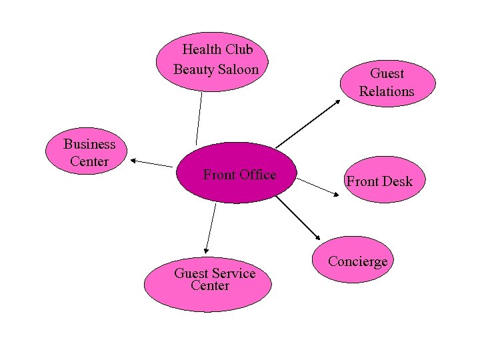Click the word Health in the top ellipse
(x=202, y=49)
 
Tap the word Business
(x=89, y=144)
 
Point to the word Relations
(x=387, y=92)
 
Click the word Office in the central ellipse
(x=257, y=175)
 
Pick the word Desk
(x=398, y=181)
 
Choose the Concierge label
(x=357, y=261)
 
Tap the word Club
(x=239, y=49)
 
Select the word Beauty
(x=193, y=69)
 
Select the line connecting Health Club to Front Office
(x=199, y=119)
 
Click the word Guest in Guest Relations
(x=387, y=73)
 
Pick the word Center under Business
(x=89, y=162)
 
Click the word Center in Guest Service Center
(x=210, y=286)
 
